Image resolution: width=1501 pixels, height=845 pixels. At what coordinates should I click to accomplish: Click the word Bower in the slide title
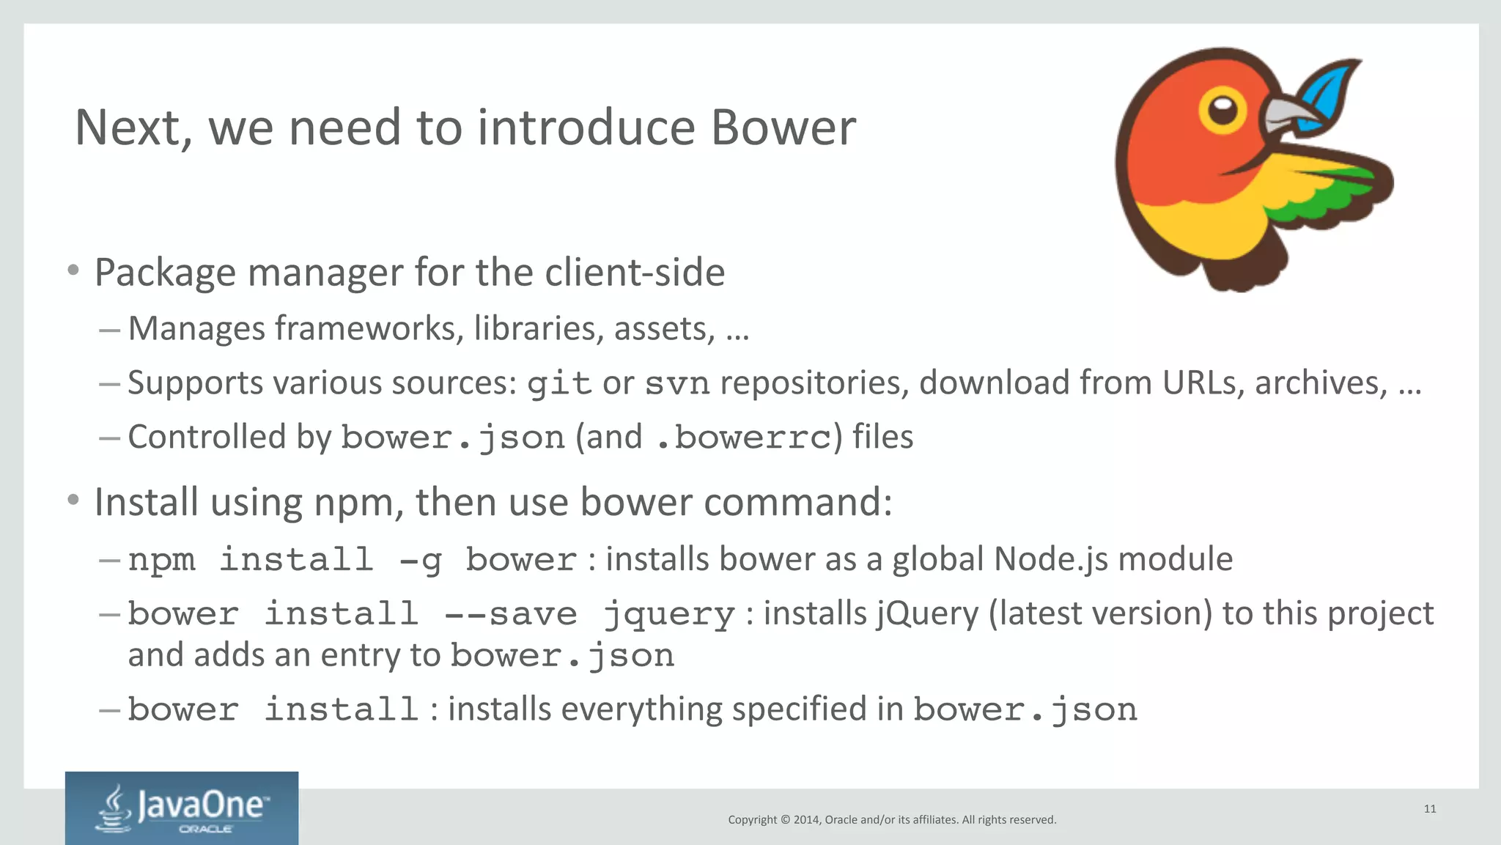(783, 128)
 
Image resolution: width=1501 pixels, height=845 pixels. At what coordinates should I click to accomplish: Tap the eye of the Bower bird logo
(1222, 111)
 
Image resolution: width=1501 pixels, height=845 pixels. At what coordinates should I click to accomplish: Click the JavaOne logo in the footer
(182, 808)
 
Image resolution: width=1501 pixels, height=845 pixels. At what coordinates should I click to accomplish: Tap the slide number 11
(1430, 808)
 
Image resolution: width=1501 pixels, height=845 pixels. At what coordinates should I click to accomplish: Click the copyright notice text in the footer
(892, 819)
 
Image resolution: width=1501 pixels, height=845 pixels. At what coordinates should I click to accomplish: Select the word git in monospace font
(559, 383)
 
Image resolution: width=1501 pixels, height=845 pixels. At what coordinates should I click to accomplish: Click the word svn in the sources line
(677, 383)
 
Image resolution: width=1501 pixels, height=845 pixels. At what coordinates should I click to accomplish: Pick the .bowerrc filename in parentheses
(744, 438)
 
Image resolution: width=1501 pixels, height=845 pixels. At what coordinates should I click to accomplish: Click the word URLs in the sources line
(1203, 383)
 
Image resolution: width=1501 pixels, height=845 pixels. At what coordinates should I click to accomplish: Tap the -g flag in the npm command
(421, 560)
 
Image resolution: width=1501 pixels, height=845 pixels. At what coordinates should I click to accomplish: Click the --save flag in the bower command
(511, 614)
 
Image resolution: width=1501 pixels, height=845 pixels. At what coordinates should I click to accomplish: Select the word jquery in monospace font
(669, 614)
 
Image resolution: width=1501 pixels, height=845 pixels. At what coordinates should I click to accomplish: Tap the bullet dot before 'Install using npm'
(73, 500)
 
